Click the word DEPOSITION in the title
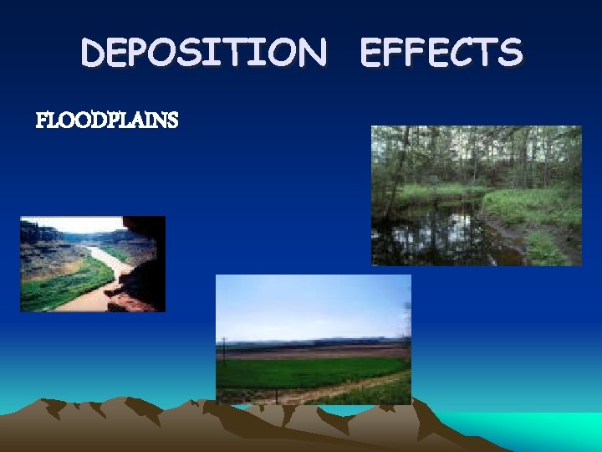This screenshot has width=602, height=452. [204, 54]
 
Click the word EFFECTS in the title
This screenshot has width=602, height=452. [441, 54]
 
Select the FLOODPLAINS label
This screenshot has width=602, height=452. [107, 121]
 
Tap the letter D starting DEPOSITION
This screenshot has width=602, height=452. [94, 54]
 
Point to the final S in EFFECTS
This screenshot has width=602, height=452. [510, 54]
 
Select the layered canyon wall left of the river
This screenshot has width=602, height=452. [42, 247]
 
